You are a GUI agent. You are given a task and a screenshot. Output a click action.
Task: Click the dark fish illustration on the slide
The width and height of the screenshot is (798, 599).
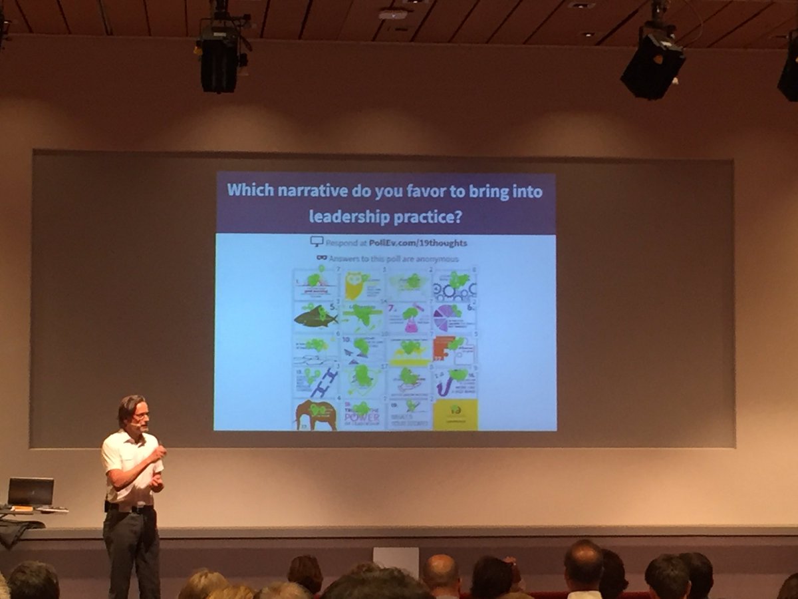[x=315, y=317]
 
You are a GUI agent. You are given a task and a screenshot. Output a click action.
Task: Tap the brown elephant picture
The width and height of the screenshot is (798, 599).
[x=315, y=415]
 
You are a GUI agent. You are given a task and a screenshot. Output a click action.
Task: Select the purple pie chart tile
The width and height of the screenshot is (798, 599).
[x=447, y=317]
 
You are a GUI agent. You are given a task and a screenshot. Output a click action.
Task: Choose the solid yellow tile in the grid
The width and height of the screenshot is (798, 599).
[x=456, y=414]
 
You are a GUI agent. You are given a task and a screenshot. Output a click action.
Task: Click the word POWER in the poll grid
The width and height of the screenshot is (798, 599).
[x=362, y=417]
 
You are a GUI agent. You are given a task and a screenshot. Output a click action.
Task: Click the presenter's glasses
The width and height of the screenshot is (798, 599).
[x=140, y=415]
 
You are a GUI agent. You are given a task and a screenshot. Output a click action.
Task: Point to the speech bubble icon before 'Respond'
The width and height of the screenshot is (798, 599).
[x=317, y=242]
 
